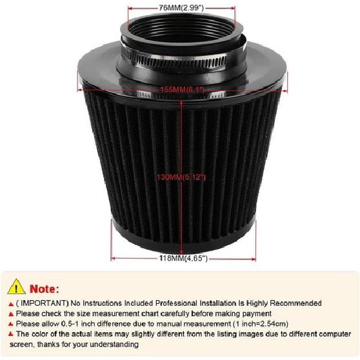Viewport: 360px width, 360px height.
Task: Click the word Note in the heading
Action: point(43,288)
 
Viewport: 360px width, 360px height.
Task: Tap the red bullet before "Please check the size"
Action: point(10,313)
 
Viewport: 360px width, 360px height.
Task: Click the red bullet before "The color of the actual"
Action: point(10,334)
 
